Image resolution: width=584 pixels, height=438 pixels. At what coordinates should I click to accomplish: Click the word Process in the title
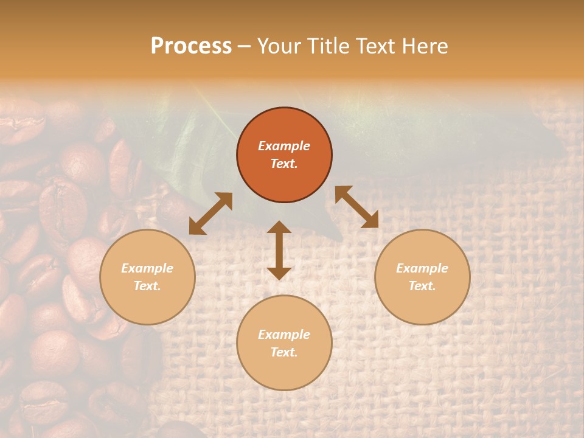(x=191, y=46)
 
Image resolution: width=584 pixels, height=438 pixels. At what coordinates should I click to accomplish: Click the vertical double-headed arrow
(x=279, y=250)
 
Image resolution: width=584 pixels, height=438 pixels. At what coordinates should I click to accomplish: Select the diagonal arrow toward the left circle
(x=210, y=214)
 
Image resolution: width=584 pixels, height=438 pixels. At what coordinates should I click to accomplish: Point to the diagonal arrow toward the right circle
(x=356, y=207)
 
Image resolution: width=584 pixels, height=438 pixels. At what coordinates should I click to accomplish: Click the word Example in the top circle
(x=284, y=146)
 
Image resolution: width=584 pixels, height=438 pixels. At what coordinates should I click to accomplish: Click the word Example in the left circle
(x=147, y=268)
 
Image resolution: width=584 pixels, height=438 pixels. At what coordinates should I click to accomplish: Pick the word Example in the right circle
(x=422, y=268)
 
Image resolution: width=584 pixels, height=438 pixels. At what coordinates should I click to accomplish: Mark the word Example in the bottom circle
(x=284, y=335)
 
